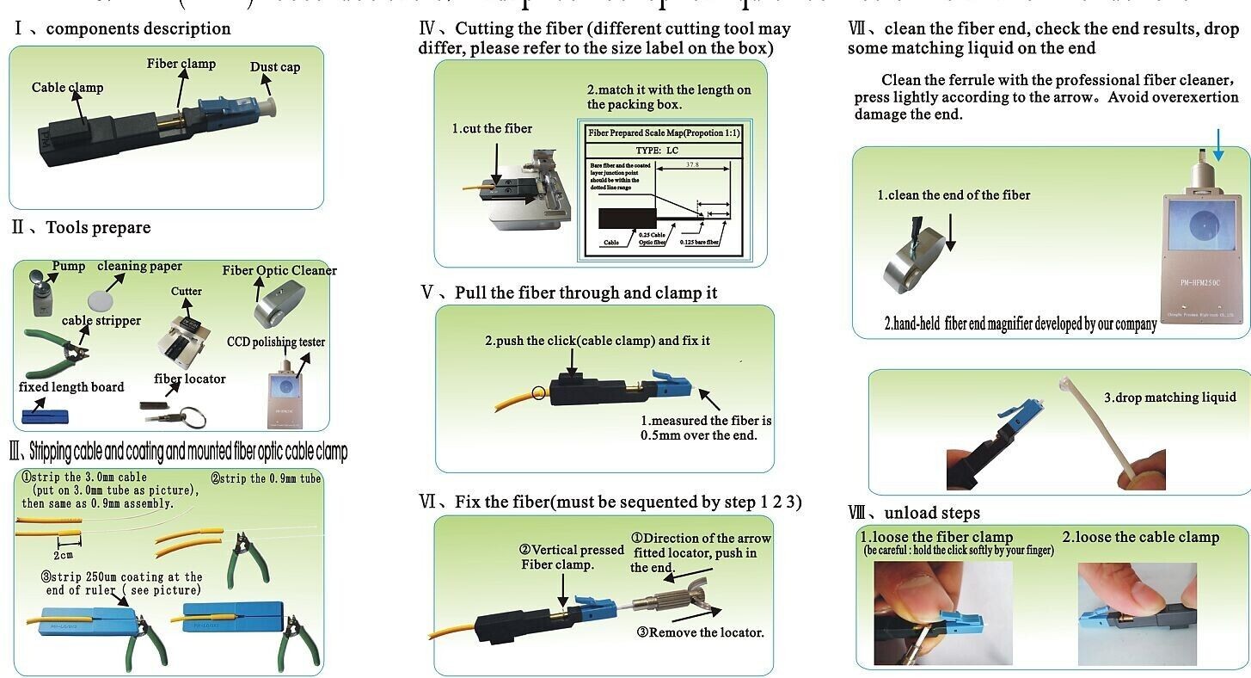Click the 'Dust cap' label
tap(275, 67)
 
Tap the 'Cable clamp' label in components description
tap(67, 87)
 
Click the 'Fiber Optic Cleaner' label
tap(279, 270)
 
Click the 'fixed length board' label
tap(71, 387)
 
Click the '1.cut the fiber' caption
tap(492, 129)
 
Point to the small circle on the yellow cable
tap(539, 394)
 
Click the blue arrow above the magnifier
tap(1218, 144)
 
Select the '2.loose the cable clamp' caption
tap(1140, 538)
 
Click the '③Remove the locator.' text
tap(700, 632)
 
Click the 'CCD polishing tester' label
tap(276, 342)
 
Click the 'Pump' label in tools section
tap(68, 266)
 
